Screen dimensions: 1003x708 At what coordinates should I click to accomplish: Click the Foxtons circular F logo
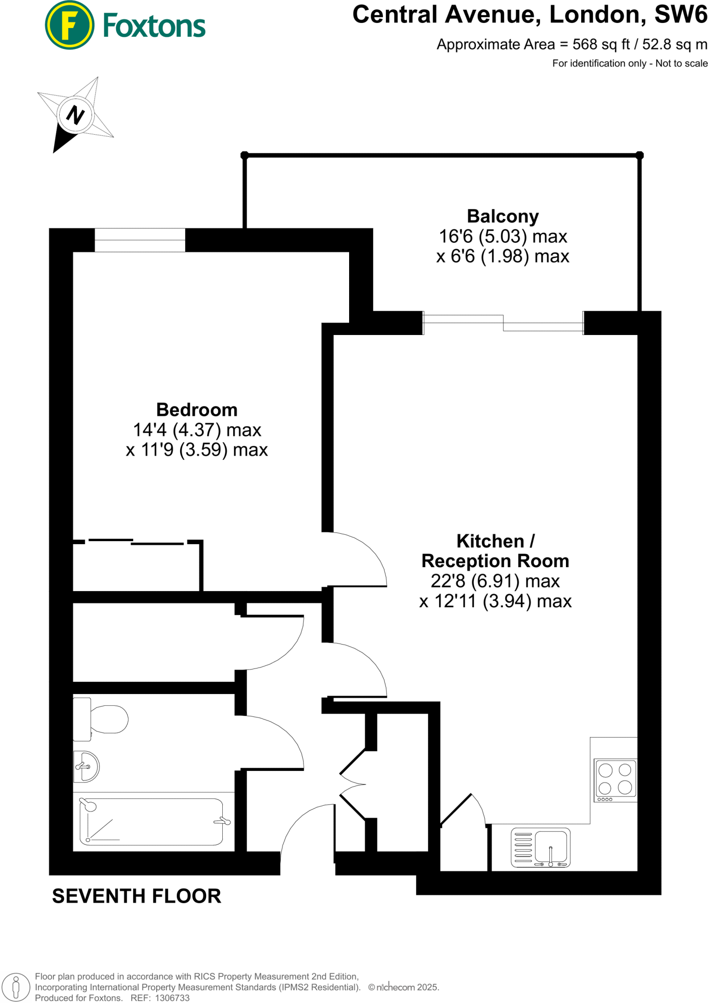pos(69,25)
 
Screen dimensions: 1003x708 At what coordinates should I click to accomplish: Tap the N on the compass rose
pos(75,115)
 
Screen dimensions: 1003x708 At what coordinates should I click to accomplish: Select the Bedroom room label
pos(197,409)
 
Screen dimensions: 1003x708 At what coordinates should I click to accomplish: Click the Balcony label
pos(502,216)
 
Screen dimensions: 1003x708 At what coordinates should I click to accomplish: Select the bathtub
pos(151,822)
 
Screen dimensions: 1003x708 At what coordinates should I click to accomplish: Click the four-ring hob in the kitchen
pos(615,779)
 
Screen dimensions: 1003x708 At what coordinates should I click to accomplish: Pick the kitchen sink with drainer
pos(541,847)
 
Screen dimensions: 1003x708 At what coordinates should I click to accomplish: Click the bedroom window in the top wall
pos(140,240)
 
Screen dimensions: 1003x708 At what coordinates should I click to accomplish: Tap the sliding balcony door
pos(503,323)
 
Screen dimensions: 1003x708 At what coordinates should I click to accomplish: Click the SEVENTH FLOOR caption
pos(137,896)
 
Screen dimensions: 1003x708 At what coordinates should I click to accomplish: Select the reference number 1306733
pos(172,998)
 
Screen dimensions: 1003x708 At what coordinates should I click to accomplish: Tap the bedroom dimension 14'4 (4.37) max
pos(197,430)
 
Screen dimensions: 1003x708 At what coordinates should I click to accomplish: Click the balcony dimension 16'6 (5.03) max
pos(503,237)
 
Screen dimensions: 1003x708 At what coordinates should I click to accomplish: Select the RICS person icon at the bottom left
pos(16,987)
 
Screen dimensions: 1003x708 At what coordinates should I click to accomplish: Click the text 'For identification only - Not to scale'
pos(630,63)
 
